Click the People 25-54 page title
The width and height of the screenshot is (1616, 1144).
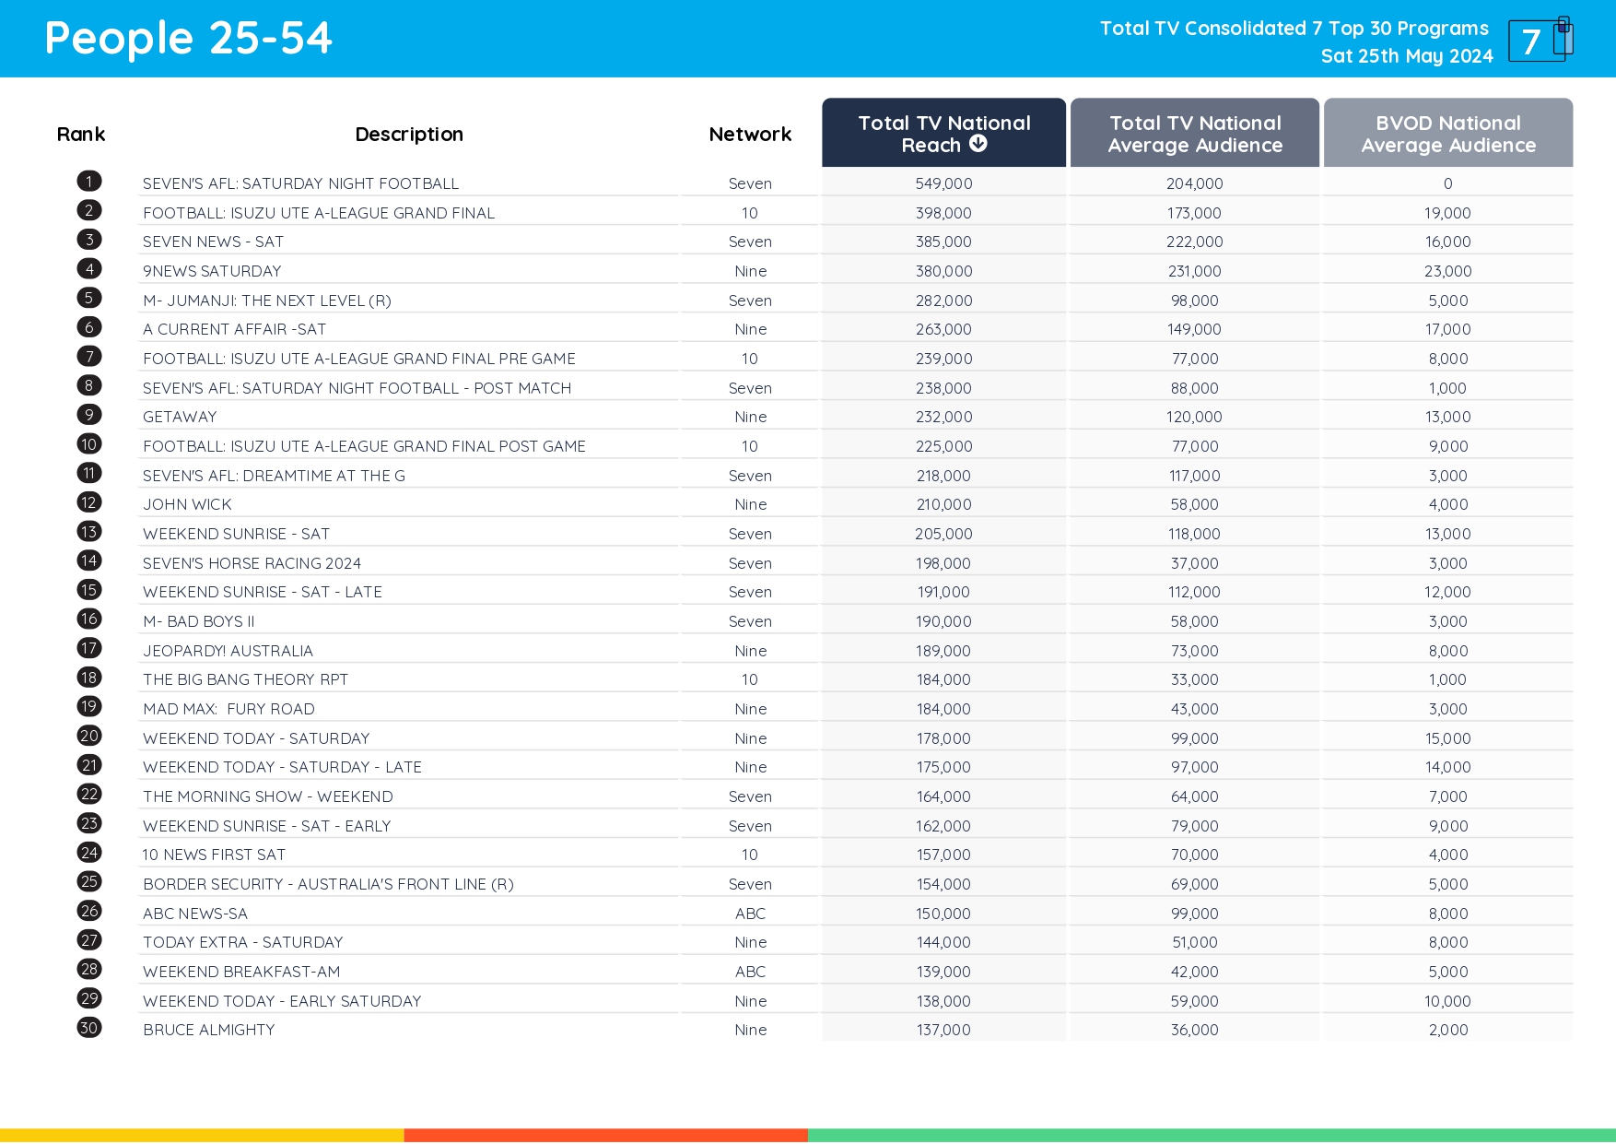point(188,39)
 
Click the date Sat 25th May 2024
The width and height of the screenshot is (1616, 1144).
point(1406,56)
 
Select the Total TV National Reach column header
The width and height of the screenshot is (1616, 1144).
point(943,134)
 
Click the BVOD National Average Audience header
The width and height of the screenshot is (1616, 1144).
point(1447,134)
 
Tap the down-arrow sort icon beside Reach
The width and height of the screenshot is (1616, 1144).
point(978,144)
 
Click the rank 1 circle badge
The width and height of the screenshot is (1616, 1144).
point(89,182)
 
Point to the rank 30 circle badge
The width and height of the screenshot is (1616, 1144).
point(89,1028)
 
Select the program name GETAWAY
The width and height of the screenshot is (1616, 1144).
point(180,417)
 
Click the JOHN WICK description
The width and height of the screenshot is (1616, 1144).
point(187,504)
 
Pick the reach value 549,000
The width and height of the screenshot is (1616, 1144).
point(943,183)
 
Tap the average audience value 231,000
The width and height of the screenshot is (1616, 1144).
point(1194,271)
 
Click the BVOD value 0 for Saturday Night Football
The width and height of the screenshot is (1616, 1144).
point(1447,183)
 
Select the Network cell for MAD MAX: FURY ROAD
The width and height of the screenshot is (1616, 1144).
point(750,709)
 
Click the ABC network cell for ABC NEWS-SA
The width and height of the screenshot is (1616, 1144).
point(750,914)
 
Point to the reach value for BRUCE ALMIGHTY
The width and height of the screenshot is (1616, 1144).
point(943,1030)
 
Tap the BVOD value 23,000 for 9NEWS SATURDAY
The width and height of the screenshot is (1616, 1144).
point(1447,271)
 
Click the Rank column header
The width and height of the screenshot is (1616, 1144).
point(81,135)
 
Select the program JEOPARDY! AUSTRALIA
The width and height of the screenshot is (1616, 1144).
point(228,651)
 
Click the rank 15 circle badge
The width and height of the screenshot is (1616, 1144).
point(89,590)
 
